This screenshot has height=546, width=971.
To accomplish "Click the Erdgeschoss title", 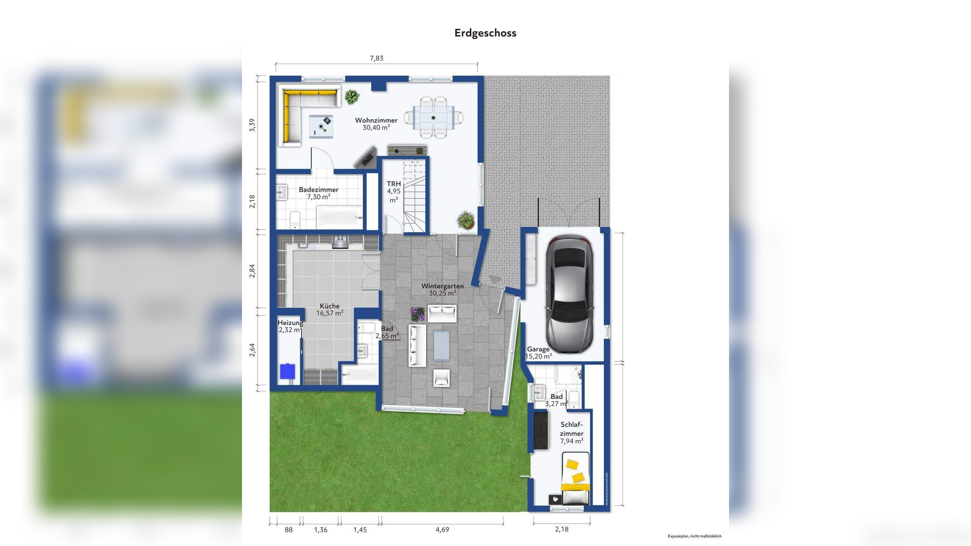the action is tap(485, 33).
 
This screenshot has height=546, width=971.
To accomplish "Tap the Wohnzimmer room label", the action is tap(376, 120).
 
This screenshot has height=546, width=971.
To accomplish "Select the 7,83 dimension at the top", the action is tap(377, 58).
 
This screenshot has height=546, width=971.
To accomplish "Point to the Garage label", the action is tap(538, 349).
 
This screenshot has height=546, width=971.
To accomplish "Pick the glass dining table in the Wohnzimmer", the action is tap(433, 118).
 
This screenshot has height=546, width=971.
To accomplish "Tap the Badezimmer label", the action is tap(319, 190).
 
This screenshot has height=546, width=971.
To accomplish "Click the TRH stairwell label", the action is tap(394, 184).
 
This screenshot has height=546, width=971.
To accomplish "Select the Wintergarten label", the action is tap(442, 286).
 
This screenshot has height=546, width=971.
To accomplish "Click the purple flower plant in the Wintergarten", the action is tap(418, 314).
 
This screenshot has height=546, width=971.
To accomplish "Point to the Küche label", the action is tap(330, 306).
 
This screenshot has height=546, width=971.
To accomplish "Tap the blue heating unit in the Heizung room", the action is tap(288, 371).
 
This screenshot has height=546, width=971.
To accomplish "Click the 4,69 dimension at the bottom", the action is tap(442, 530).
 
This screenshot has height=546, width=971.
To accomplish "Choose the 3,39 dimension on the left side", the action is tap(252, 125).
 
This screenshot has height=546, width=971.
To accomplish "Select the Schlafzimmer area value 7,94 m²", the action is tap(572, 441).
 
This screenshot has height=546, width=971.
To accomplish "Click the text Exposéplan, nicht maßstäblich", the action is tap(694, 536).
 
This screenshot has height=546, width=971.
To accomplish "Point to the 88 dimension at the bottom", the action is tap(289, 530).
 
